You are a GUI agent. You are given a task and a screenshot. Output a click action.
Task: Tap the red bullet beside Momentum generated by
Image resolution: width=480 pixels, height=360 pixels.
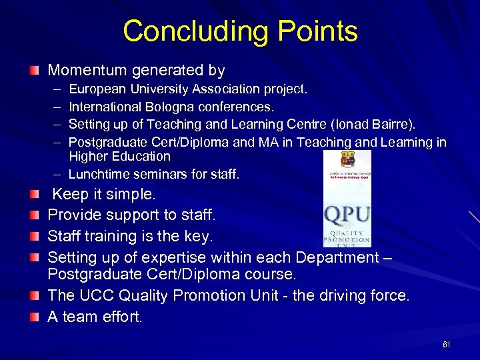[34, 70]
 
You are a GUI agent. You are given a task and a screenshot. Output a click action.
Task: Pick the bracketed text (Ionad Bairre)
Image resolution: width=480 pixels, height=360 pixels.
[379, 124]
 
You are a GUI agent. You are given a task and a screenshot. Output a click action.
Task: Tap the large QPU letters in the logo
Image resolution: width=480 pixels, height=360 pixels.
[347, 215]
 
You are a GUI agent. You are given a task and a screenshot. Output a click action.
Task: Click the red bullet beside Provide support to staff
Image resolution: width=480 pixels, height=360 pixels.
[34, 215]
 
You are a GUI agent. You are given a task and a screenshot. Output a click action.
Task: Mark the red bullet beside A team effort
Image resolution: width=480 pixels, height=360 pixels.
[34, 316]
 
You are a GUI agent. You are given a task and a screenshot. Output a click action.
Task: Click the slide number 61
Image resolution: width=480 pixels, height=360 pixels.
[447, 345]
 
